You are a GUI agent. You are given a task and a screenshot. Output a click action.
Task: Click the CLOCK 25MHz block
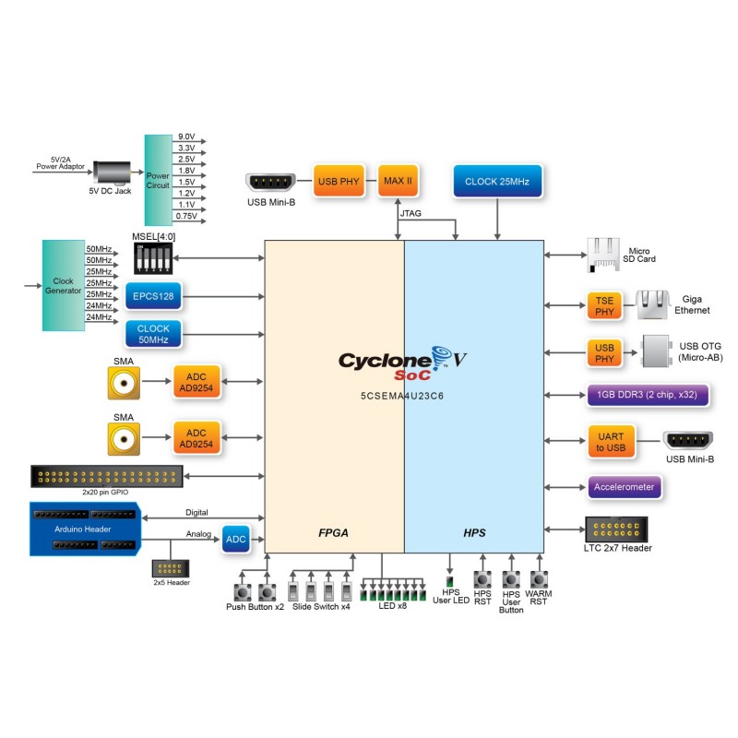click(497, 182)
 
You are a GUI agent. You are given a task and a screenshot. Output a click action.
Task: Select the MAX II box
click(397, 182)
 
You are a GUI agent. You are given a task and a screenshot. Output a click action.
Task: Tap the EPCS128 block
click(154, 296)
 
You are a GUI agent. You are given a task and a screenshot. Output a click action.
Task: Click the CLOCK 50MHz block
click(154, 333)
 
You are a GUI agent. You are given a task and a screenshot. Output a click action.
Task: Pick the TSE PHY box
click(604, 306)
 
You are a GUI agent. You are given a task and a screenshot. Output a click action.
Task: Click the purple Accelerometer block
click(624, 486)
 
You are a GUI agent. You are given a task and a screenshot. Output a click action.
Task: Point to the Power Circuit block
click(158, 179)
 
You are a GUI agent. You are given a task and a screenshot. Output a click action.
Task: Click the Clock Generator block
click(63, 285)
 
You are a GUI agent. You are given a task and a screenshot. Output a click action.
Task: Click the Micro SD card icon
click(601, 255)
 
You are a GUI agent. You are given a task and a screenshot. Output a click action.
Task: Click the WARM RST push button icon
click(538, 578)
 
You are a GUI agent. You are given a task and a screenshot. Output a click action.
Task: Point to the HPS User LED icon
click(450, 582)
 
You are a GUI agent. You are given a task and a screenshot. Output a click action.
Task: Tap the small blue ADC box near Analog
click(234, 540)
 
